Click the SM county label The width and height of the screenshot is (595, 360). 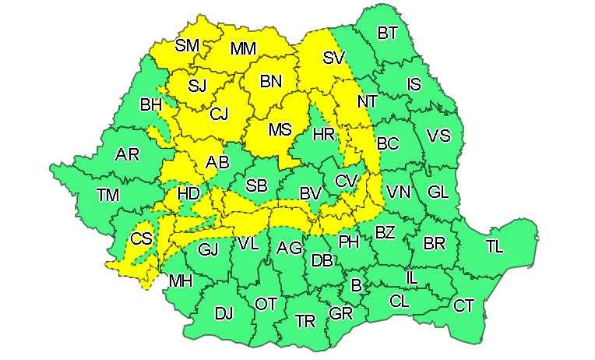coord(187,45)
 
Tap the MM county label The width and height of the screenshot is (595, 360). coord(243,49)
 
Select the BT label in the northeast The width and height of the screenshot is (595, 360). coord(387,34)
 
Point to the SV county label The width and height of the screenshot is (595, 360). coord(333,57)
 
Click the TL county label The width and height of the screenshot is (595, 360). coord(495,246)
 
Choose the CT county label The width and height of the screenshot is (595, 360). coord(463,305)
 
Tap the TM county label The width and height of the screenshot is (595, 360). coord(107,195)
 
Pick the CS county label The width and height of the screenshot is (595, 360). coord(141,239)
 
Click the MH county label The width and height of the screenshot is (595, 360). coord(181,281)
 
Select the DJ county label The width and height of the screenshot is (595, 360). coord(224,314)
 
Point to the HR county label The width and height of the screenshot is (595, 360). coord(323,135)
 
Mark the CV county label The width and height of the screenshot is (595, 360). coord(346,181)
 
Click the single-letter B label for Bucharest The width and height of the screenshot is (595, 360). coord(356,286)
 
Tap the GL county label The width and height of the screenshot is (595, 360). coord(438,192)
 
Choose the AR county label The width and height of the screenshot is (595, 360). coord(127,154)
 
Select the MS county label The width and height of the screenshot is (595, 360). coord(280,130)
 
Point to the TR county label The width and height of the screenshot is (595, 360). coord(305,320)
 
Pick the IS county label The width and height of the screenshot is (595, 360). coord(414,84)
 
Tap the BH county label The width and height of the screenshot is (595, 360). coord(150,104)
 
